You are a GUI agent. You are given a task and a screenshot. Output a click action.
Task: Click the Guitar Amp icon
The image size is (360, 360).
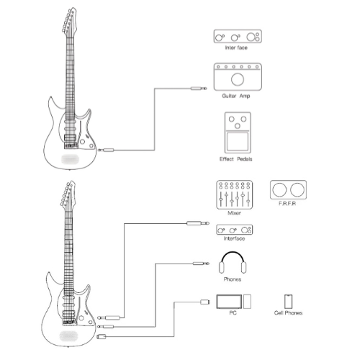point(237,77)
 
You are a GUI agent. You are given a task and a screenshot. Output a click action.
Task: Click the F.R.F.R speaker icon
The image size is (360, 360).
point(288,190)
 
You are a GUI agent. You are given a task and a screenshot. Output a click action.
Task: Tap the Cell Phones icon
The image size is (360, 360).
point(288,300)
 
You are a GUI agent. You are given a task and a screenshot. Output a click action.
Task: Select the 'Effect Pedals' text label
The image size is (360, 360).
point(235,158)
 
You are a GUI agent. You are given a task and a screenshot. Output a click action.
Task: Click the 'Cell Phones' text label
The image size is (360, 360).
point(288,314)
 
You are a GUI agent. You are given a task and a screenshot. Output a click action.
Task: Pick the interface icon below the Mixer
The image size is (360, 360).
point(234,230)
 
